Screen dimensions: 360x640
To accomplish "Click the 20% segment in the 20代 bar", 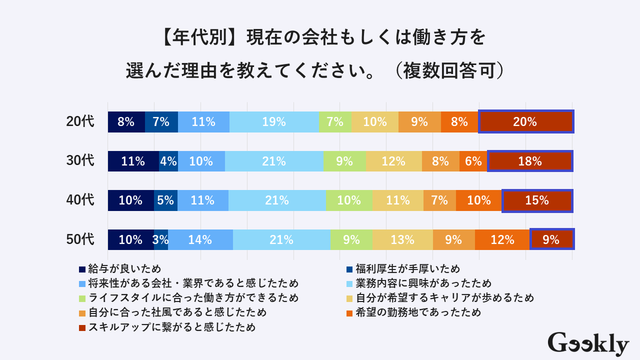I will click(525, 122).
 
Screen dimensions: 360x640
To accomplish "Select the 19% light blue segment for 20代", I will click(274, 122).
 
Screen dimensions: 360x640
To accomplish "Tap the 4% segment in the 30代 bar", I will click(168, 161).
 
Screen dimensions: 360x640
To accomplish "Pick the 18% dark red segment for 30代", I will click(530, 161).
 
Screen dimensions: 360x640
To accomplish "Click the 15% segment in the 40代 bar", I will click(537, 200).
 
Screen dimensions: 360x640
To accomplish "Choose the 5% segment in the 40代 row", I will click(165, 200).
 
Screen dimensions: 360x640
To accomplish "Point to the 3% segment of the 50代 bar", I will click(161, 239).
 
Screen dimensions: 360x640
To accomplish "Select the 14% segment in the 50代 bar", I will click(200, 239).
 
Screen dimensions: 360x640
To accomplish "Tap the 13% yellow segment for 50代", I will click(402, 239).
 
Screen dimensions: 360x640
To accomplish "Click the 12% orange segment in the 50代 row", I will click(502, 239).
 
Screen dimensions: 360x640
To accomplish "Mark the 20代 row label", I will click(80, 122).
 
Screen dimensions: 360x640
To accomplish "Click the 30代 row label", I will click(80, 161).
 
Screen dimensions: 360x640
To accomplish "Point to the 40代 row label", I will click(80, 200).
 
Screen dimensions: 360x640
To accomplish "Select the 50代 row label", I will click(80, 239).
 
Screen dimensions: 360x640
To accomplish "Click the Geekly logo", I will click(588, 344).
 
